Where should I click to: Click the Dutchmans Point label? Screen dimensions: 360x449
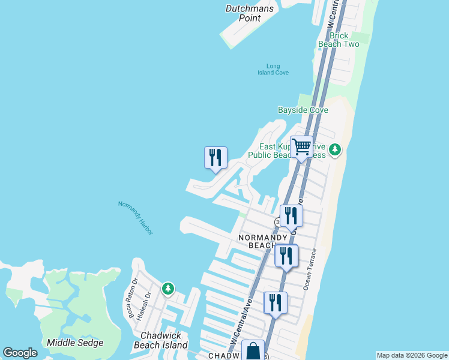pyautogui.click(x=250, y=13)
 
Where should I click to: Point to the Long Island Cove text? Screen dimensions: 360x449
pyautogui.click(x=273, y=69)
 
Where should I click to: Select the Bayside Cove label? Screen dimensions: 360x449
pyautogui.click(x=303, y=110)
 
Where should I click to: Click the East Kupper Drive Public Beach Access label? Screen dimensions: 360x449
pyautogui.click(x=292, y=151)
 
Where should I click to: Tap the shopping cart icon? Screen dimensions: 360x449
pyautogui.click(x=301, y=146)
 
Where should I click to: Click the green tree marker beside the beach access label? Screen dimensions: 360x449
pyautogui.click(x=336, y=149)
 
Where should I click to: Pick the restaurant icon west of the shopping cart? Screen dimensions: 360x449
pyautogui.click(x=215, y=158)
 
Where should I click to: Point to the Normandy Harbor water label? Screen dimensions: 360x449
pyautogui.click(x=136, y=217)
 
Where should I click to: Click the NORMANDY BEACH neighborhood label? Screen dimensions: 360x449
pyautogui.click(x=264, y=241)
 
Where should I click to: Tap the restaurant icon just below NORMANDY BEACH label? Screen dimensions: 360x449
pyautogui.click(x=286, y=256)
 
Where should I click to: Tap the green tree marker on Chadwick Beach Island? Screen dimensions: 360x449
pyautogui.click(x=168, y=289)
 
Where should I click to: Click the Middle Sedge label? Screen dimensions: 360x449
pyautogui.click(x=75, y=343)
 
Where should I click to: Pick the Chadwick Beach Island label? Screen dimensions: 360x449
pyautogui.click(x=163, y=340)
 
